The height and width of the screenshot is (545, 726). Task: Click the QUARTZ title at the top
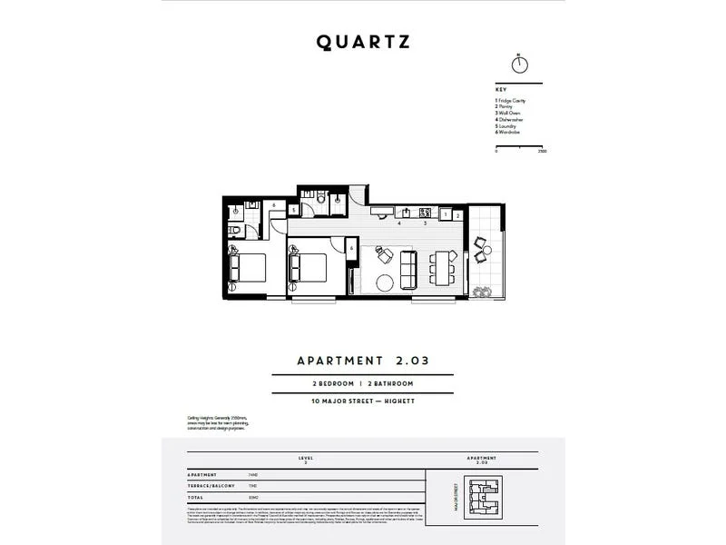tap(363, 42)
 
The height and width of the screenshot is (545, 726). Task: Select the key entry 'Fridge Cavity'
tap(512, 100)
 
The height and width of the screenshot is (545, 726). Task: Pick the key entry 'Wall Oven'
tap(509, 114)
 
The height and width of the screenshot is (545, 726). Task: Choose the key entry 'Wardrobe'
tap(510, 133)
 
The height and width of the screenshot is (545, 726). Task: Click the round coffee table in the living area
tap(385, 282)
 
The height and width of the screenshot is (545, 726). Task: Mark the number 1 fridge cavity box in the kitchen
tap(446, 214)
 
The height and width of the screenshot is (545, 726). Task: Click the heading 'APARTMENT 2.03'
tap(363, 360)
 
